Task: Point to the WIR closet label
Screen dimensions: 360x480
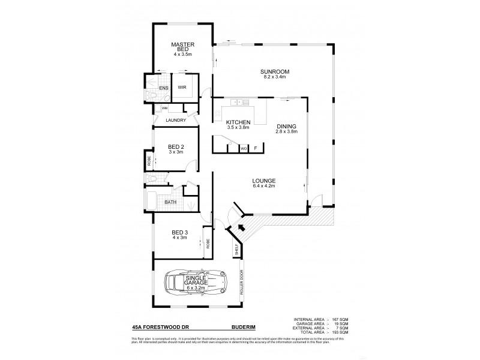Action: coord(182,86)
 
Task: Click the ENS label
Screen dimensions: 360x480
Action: coord(163,88)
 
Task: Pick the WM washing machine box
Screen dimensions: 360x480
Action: coord(164,108)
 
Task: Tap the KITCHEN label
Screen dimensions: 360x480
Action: coord(238,122)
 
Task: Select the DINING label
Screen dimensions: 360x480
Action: coord(287,125)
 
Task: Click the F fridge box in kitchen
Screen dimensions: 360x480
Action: coord(256,147)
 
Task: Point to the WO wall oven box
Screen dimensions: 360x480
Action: coord(244,147)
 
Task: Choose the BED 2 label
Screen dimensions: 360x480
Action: coord(175,146)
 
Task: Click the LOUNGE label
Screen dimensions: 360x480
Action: coord(264,180)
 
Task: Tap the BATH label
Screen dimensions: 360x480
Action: coord(170,202)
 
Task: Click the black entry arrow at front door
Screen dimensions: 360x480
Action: coord(241,227)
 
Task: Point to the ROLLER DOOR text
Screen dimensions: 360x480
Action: coord(242,283)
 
